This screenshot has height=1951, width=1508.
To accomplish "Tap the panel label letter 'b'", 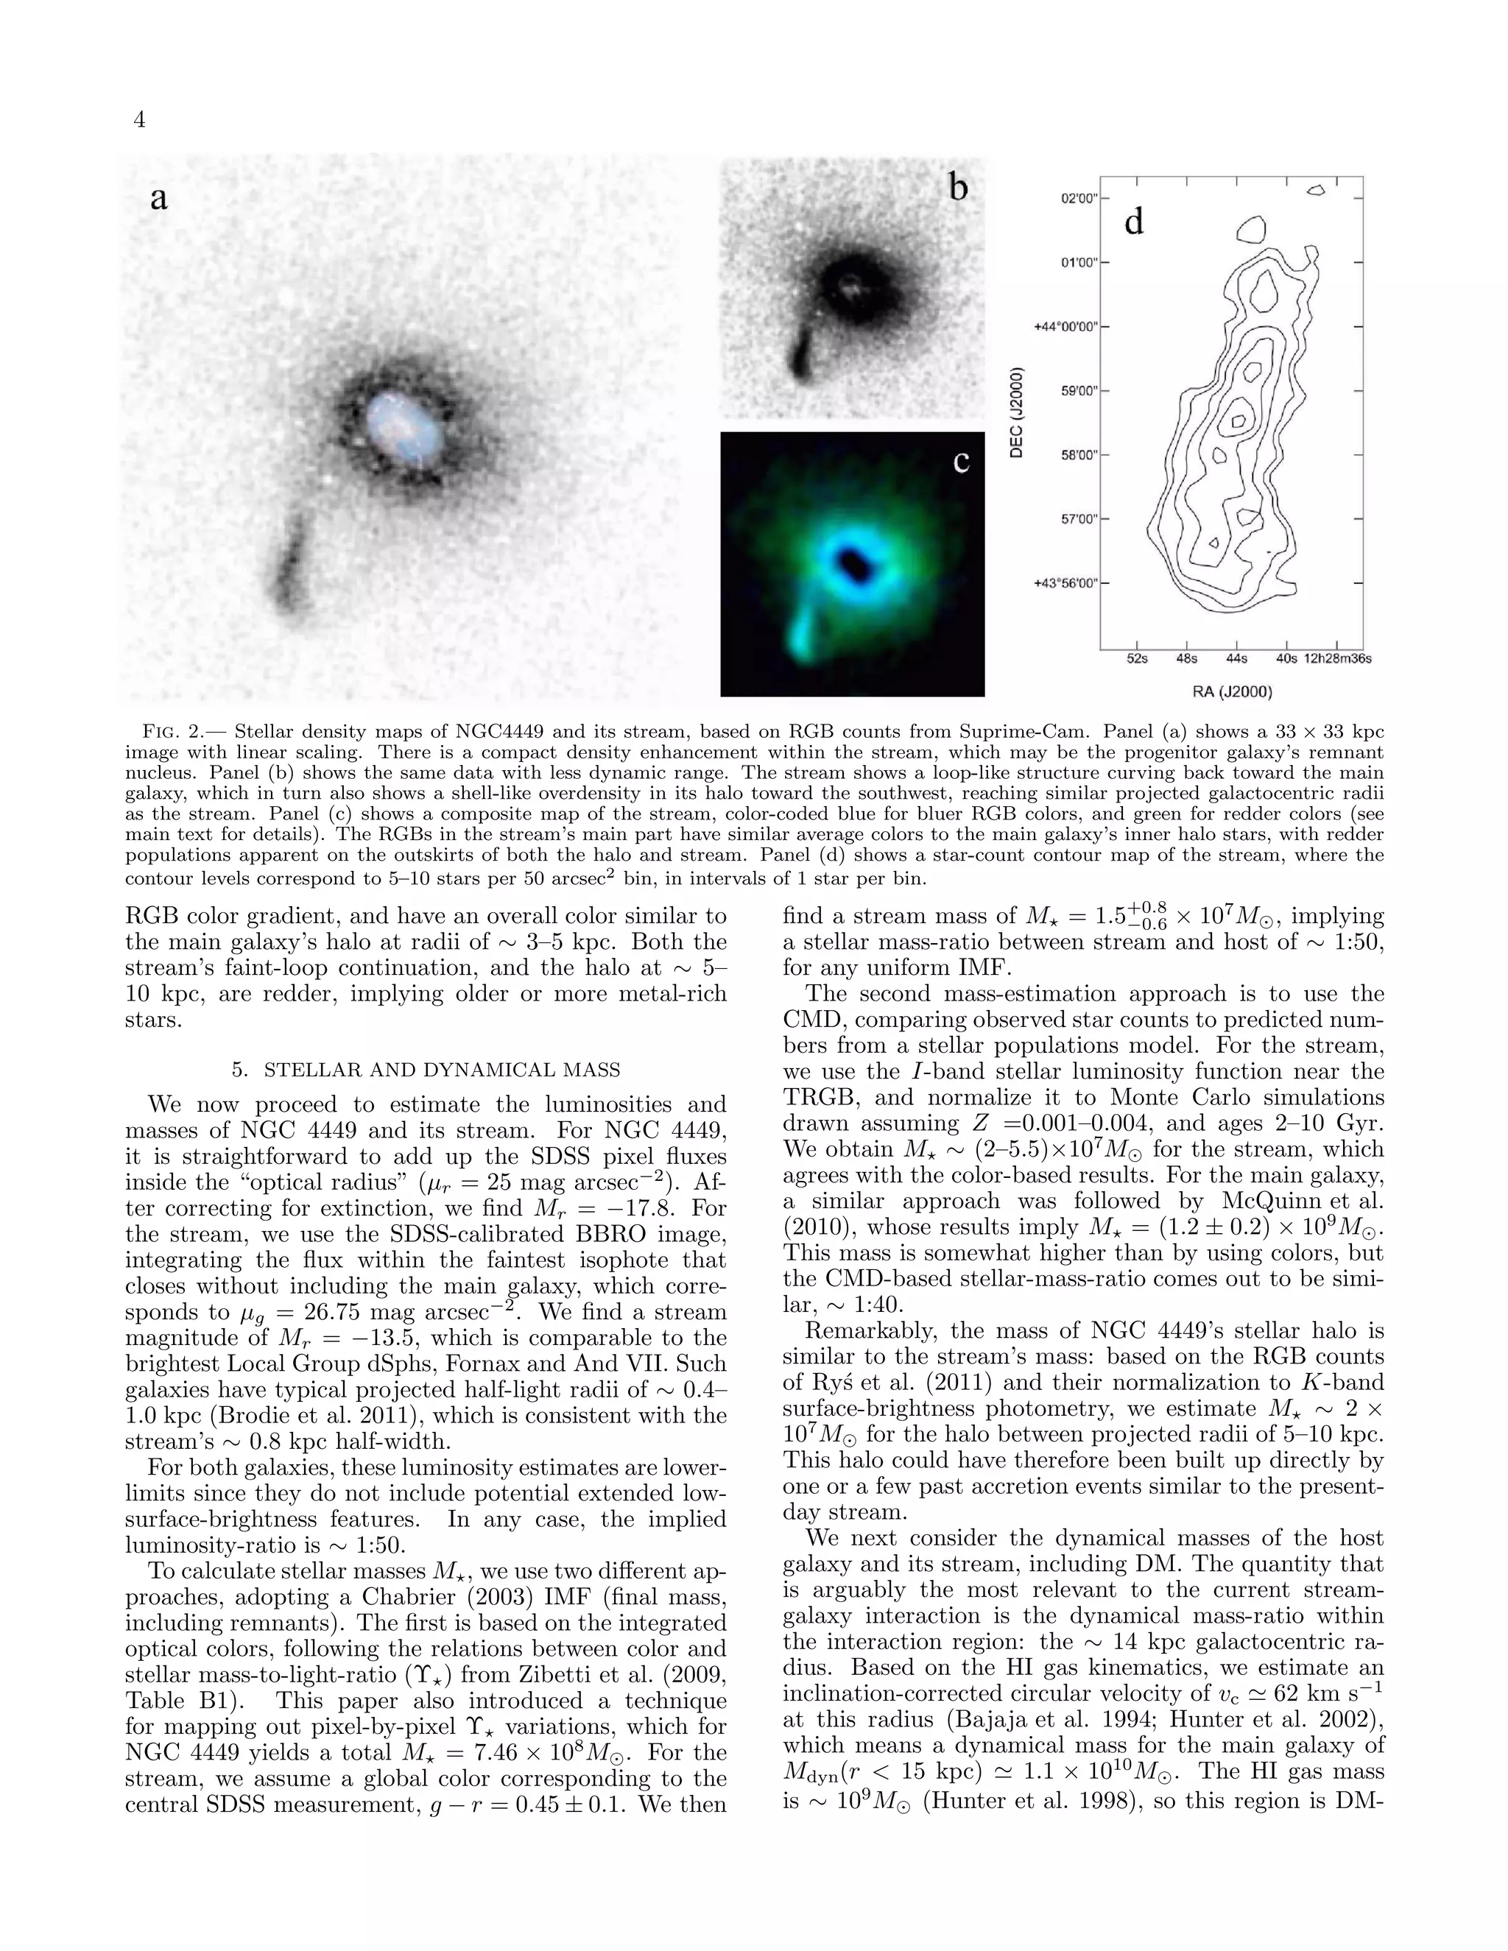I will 958,188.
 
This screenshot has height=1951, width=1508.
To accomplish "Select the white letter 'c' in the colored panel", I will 961,462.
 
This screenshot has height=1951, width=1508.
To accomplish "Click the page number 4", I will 139,120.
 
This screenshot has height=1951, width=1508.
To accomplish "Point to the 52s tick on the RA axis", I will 1136,659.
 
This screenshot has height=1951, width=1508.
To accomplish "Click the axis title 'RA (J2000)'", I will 1232,691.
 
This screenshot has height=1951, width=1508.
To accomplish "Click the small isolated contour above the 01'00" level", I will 1251,230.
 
